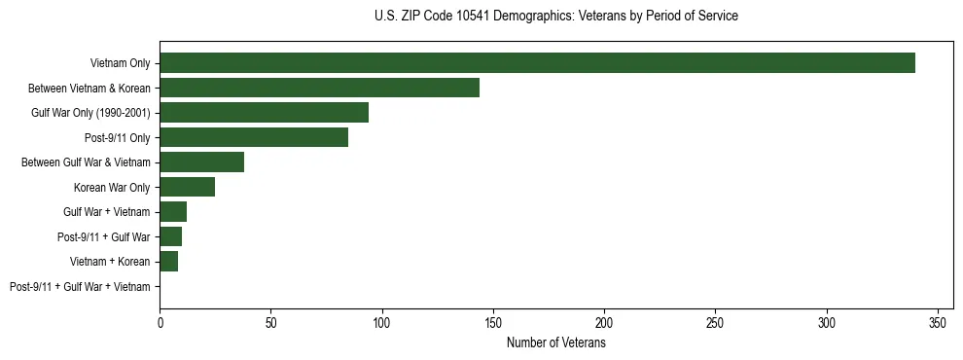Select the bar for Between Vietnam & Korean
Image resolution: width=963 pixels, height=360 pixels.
pyautogui.click(x=319, y=88)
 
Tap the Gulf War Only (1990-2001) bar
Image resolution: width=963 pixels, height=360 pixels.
pyautogui.click(x=264, y=113)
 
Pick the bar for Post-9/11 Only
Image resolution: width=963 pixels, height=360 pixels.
pyautogui.click(x=254, y=137)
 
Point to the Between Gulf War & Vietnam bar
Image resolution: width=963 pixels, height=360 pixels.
pyautogui.click(x=201, y=162)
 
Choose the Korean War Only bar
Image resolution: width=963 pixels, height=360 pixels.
pyautogui.click(x=187, y=187)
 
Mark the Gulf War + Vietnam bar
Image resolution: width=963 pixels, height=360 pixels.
pyautogui.click(x=173, y=212)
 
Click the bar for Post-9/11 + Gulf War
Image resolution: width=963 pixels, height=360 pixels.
pyautogui.click(x=170, y=236)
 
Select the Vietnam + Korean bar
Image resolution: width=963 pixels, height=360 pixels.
pyautogui.click(x=168, y=262)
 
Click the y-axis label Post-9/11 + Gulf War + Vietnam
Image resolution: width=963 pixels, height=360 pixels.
pyautogui.click(x=80, y=287)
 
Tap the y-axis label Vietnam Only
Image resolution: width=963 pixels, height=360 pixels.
pyautogui.click(x=120, y=63)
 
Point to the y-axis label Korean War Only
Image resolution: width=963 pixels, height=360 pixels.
pyautogui.click(x=112, y=187)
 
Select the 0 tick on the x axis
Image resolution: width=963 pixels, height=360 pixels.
pyautogui.click(x=160, y=322)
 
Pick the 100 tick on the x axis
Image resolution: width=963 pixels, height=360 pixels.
pyautogui.click(x=382, y=322)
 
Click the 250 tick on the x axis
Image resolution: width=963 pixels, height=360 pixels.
pyautogui.click(x=716, y=322)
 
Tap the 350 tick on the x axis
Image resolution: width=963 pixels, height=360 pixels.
pyautogui.click(x=938, y=322)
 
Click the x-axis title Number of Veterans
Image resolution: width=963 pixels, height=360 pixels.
pyautogui.click(x=555, y=343)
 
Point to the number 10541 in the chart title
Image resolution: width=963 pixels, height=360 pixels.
pyautogui.click(x=475, y=17)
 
